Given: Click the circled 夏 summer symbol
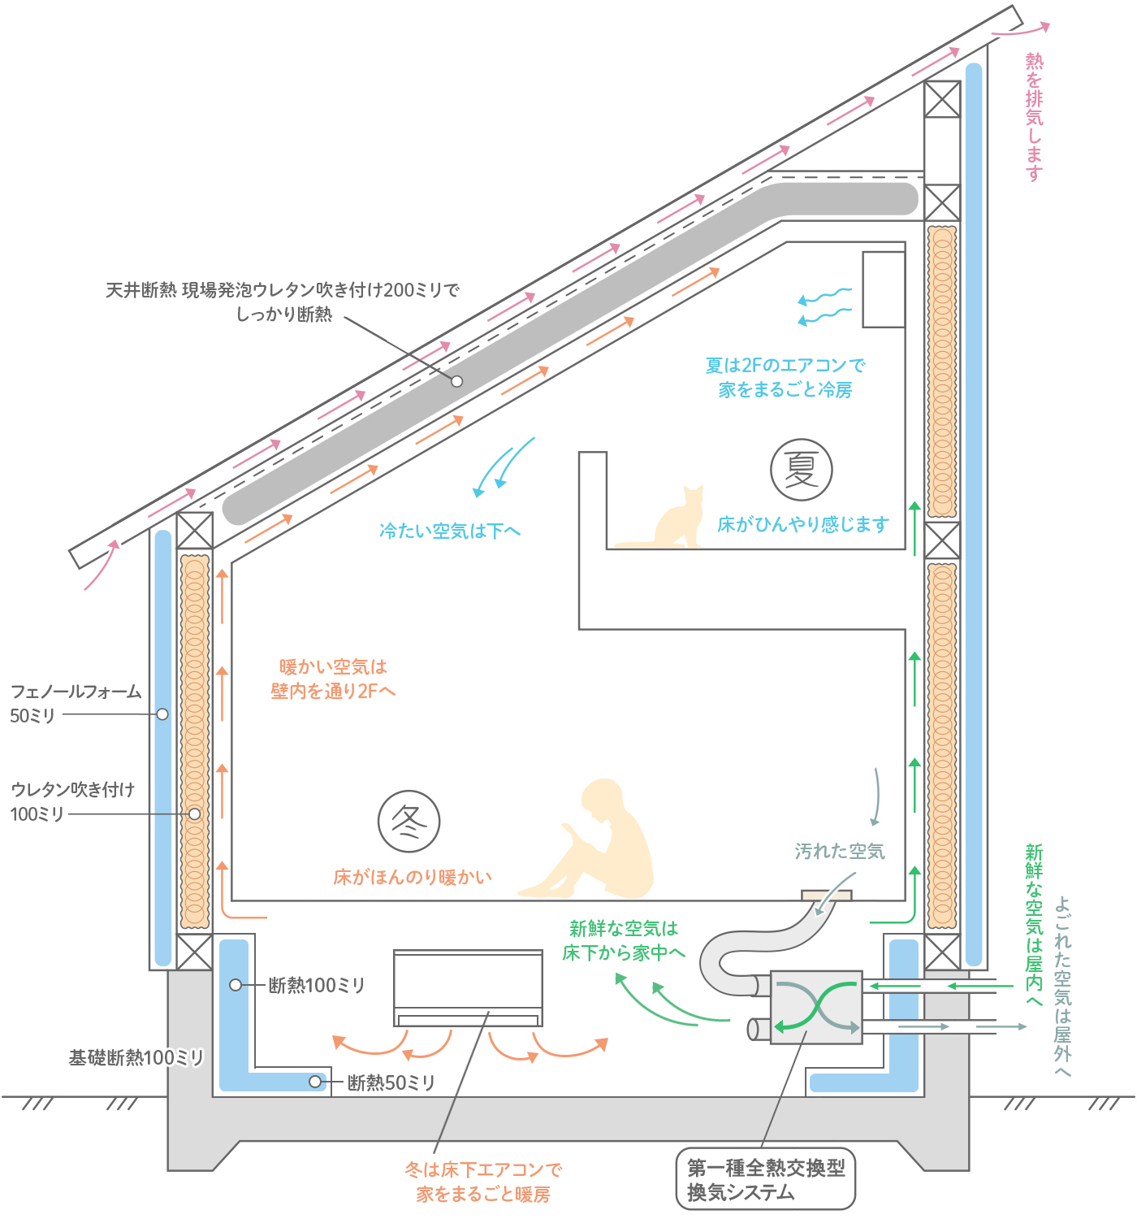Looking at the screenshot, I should click(x=801, y=470).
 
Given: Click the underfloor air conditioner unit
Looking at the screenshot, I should click(x=468, y=987).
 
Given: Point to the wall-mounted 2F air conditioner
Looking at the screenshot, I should click(x=884, y=289).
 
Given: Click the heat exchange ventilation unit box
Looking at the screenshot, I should click(x=815, y=1007).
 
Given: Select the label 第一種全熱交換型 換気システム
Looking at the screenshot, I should click(x=766, y=1180).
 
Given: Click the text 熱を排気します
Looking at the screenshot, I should click(x=1033, y=117).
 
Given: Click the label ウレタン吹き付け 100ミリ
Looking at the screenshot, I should click(x=72, y=801).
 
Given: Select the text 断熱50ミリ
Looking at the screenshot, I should click(x=391, y=1082).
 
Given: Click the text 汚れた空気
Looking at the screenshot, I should click(x=840, y=852).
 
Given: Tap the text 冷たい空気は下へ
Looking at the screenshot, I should click(x=450, y=531).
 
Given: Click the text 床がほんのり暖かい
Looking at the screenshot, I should click(x=413, y=877).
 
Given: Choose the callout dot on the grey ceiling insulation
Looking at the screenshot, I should click(x=457, y=381).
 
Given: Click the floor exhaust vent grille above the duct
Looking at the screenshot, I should click(x=827, y=895).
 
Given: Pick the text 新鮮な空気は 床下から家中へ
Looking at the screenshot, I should click(x=624, y=940).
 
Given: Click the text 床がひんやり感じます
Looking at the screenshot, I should click(x=802, y=525).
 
